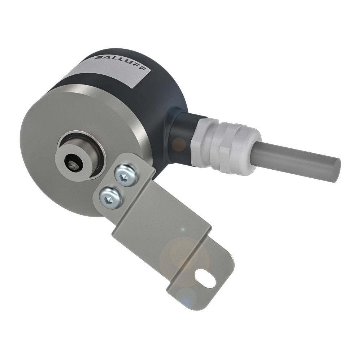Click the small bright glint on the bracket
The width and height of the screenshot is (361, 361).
click(x=183, y=229)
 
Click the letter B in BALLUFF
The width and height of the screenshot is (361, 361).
click(x=98, y=58)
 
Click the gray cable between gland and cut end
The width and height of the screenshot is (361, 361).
click(x=296, y=159)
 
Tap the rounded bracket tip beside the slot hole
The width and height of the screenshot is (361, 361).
click(x=226, y=278)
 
